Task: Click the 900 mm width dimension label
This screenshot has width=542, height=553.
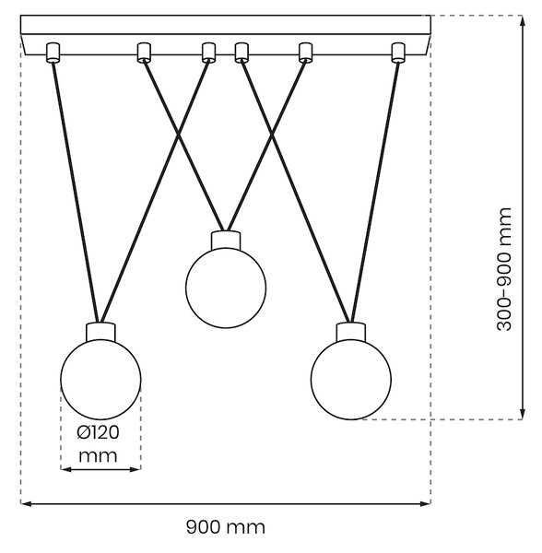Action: [226, 527]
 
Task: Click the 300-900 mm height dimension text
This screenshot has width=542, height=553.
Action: [504, 269]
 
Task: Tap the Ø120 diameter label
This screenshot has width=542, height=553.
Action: [98, 433]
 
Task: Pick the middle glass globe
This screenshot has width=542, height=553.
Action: [226, 288]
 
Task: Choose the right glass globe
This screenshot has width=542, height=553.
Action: [351, 380]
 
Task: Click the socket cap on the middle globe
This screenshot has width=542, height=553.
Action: [226, 240]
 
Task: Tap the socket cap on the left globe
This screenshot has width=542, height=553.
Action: [100, 332]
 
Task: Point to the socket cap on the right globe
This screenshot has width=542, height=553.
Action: [351, 332]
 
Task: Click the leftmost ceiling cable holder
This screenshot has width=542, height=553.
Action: [53, 53]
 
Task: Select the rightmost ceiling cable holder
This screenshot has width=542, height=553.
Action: [398, 53]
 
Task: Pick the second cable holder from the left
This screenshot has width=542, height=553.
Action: [144, 53]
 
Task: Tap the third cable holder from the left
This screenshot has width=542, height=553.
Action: [208, 53]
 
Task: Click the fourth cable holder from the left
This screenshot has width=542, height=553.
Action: [242, 53]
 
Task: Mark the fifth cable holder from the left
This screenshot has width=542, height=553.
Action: [306, 53]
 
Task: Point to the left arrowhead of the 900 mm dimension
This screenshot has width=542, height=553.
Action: [26, 503]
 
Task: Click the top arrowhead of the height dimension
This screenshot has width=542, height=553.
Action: [523, 20]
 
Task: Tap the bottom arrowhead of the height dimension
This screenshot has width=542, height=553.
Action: [523, 414]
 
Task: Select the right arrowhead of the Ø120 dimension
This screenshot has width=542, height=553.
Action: [136, 469]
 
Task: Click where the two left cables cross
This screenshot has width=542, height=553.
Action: [178, 135]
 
